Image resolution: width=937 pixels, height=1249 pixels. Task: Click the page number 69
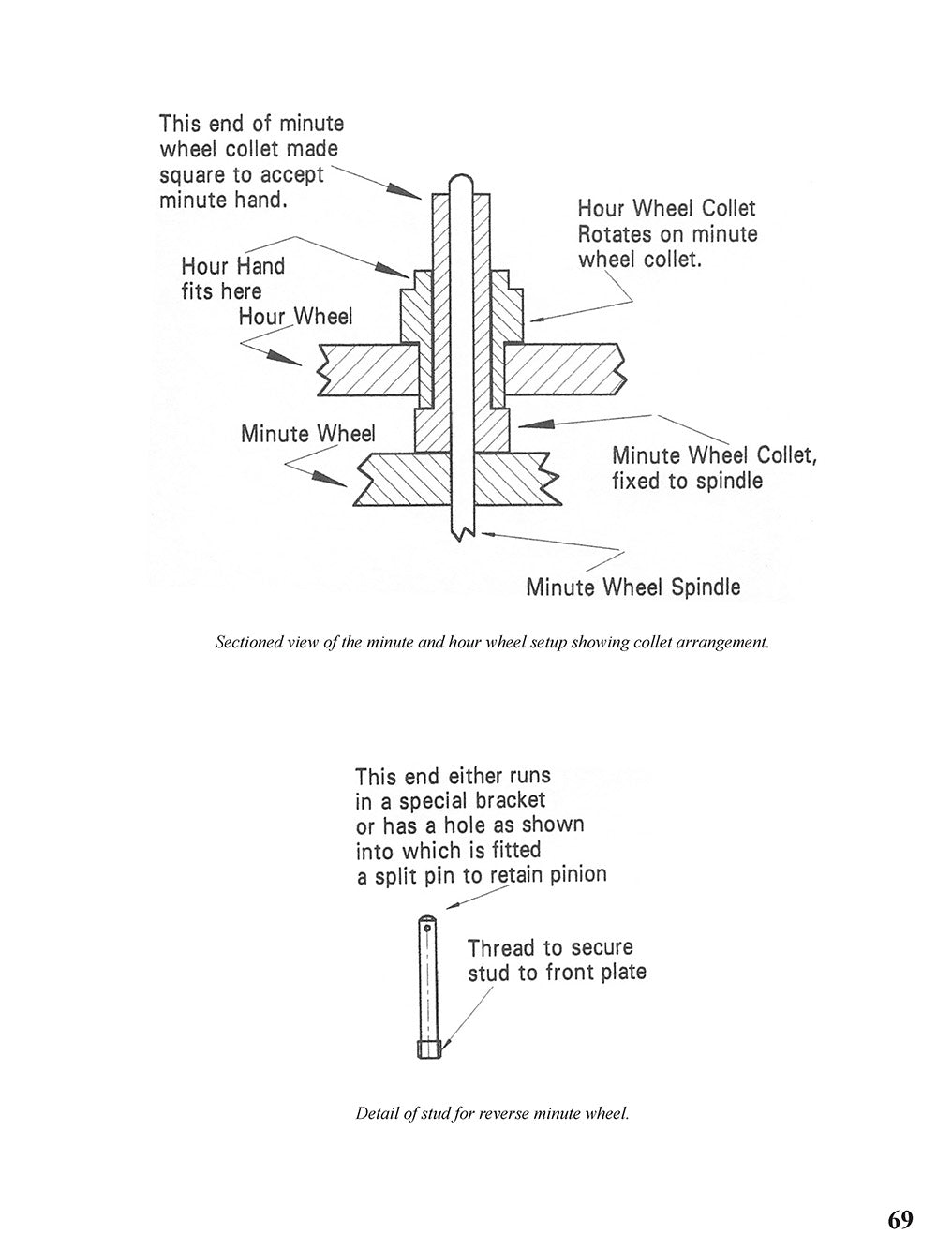[x=900, y=1219]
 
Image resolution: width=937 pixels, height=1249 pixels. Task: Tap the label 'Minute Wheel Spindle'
[x=633, y=587]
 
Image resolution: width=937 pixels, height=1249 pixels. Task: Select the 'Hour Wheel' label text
[x=295, y=317]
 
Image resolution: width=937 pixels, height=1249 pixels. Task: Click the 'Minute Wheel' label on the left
[x=307, y=435]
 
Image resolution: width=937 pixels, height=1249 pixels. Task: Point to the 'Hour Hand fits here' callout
[x=232, y=278]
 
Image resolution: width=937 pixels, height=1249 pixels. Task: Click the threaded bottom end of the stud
[x=427, y=1050]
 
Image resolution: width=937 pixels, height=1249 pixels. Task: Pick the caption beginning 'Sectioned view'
[x=491, y=644]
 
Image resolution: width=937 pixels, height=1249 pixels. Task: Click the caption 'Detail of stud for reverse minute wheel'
[x=492, y=1114]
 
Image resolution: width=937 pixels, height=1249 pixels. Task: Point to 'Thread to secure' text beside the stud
[x=550, y=947]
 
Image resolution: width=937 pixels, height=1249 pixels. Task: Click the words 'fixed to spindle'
[x=687, y=482]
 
